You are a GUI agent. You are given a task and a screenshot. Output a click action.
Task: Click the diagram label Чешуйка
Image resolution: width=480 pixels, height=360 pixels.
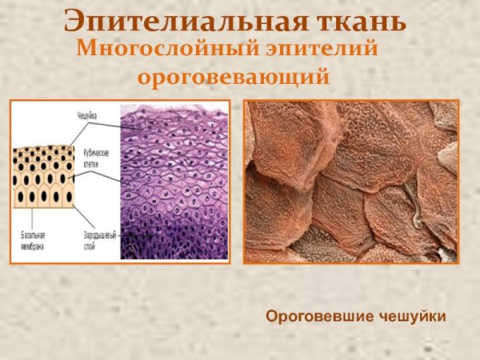point(87,117)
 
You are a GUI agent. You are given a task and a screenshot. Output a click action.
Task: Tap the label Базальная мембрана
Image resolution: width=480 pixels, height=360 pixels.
point(33,240)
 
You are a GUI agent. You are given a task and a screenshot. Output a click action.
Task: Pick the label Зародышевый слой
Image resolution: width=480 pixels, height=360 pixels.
point(100,240)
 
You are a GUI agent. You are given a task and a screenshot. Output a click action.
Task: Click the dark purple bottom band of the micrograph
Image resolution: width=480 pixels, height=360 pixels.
point(173,244)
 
